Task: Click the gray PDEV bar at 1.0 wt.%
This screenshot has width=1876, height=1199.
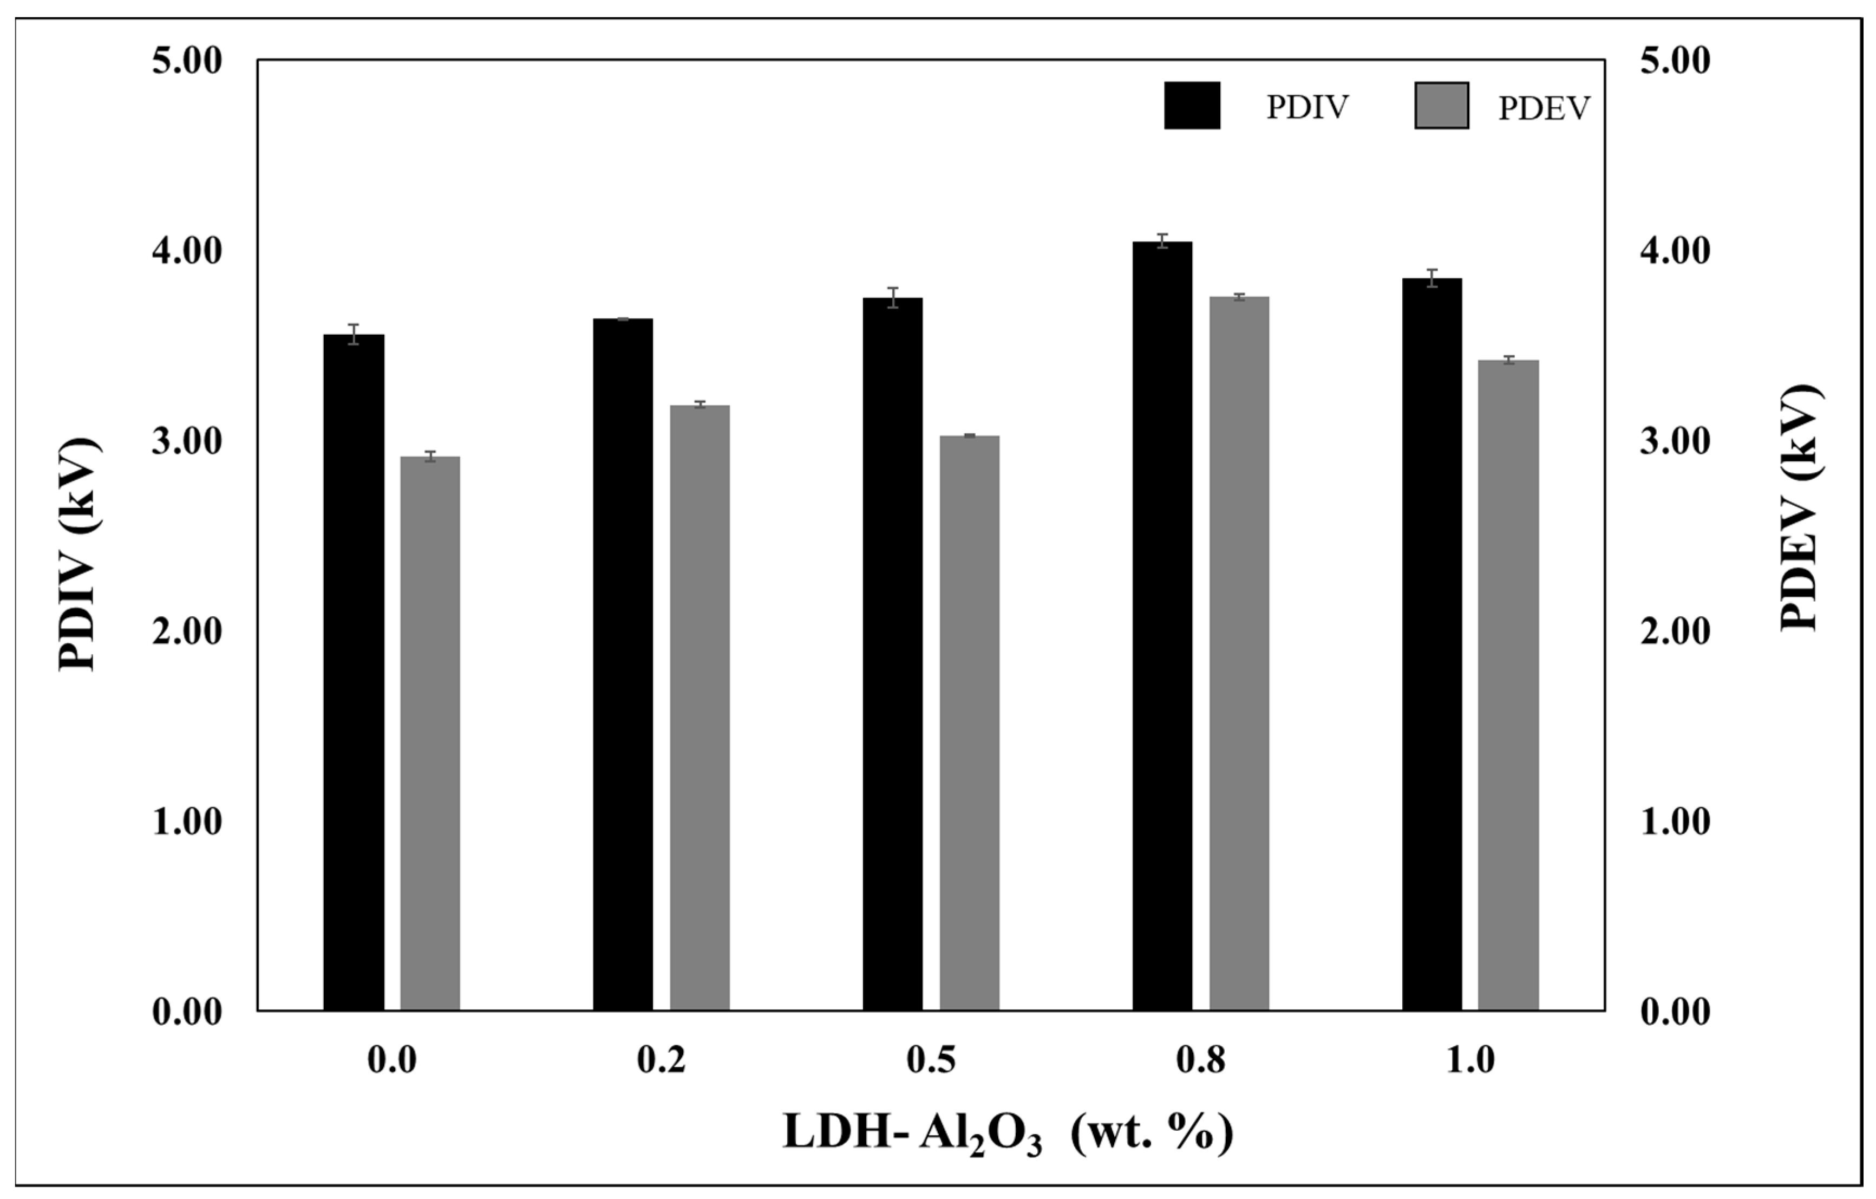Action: (1508, 685)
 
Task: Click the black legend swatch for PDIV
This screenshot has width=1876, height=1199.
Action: (1192, 105)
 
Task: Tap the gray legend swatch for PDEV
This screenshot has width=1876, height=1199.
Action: (1441, 105)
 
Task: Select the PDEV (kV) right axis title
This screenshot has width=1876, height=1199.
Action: (1801, 506)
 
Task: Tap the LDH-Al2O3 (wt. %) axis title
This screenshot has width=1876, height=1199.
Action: (1008, 1133)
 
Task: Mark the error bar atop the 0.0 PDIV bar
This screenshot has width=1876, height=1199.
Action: (354, 334)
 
